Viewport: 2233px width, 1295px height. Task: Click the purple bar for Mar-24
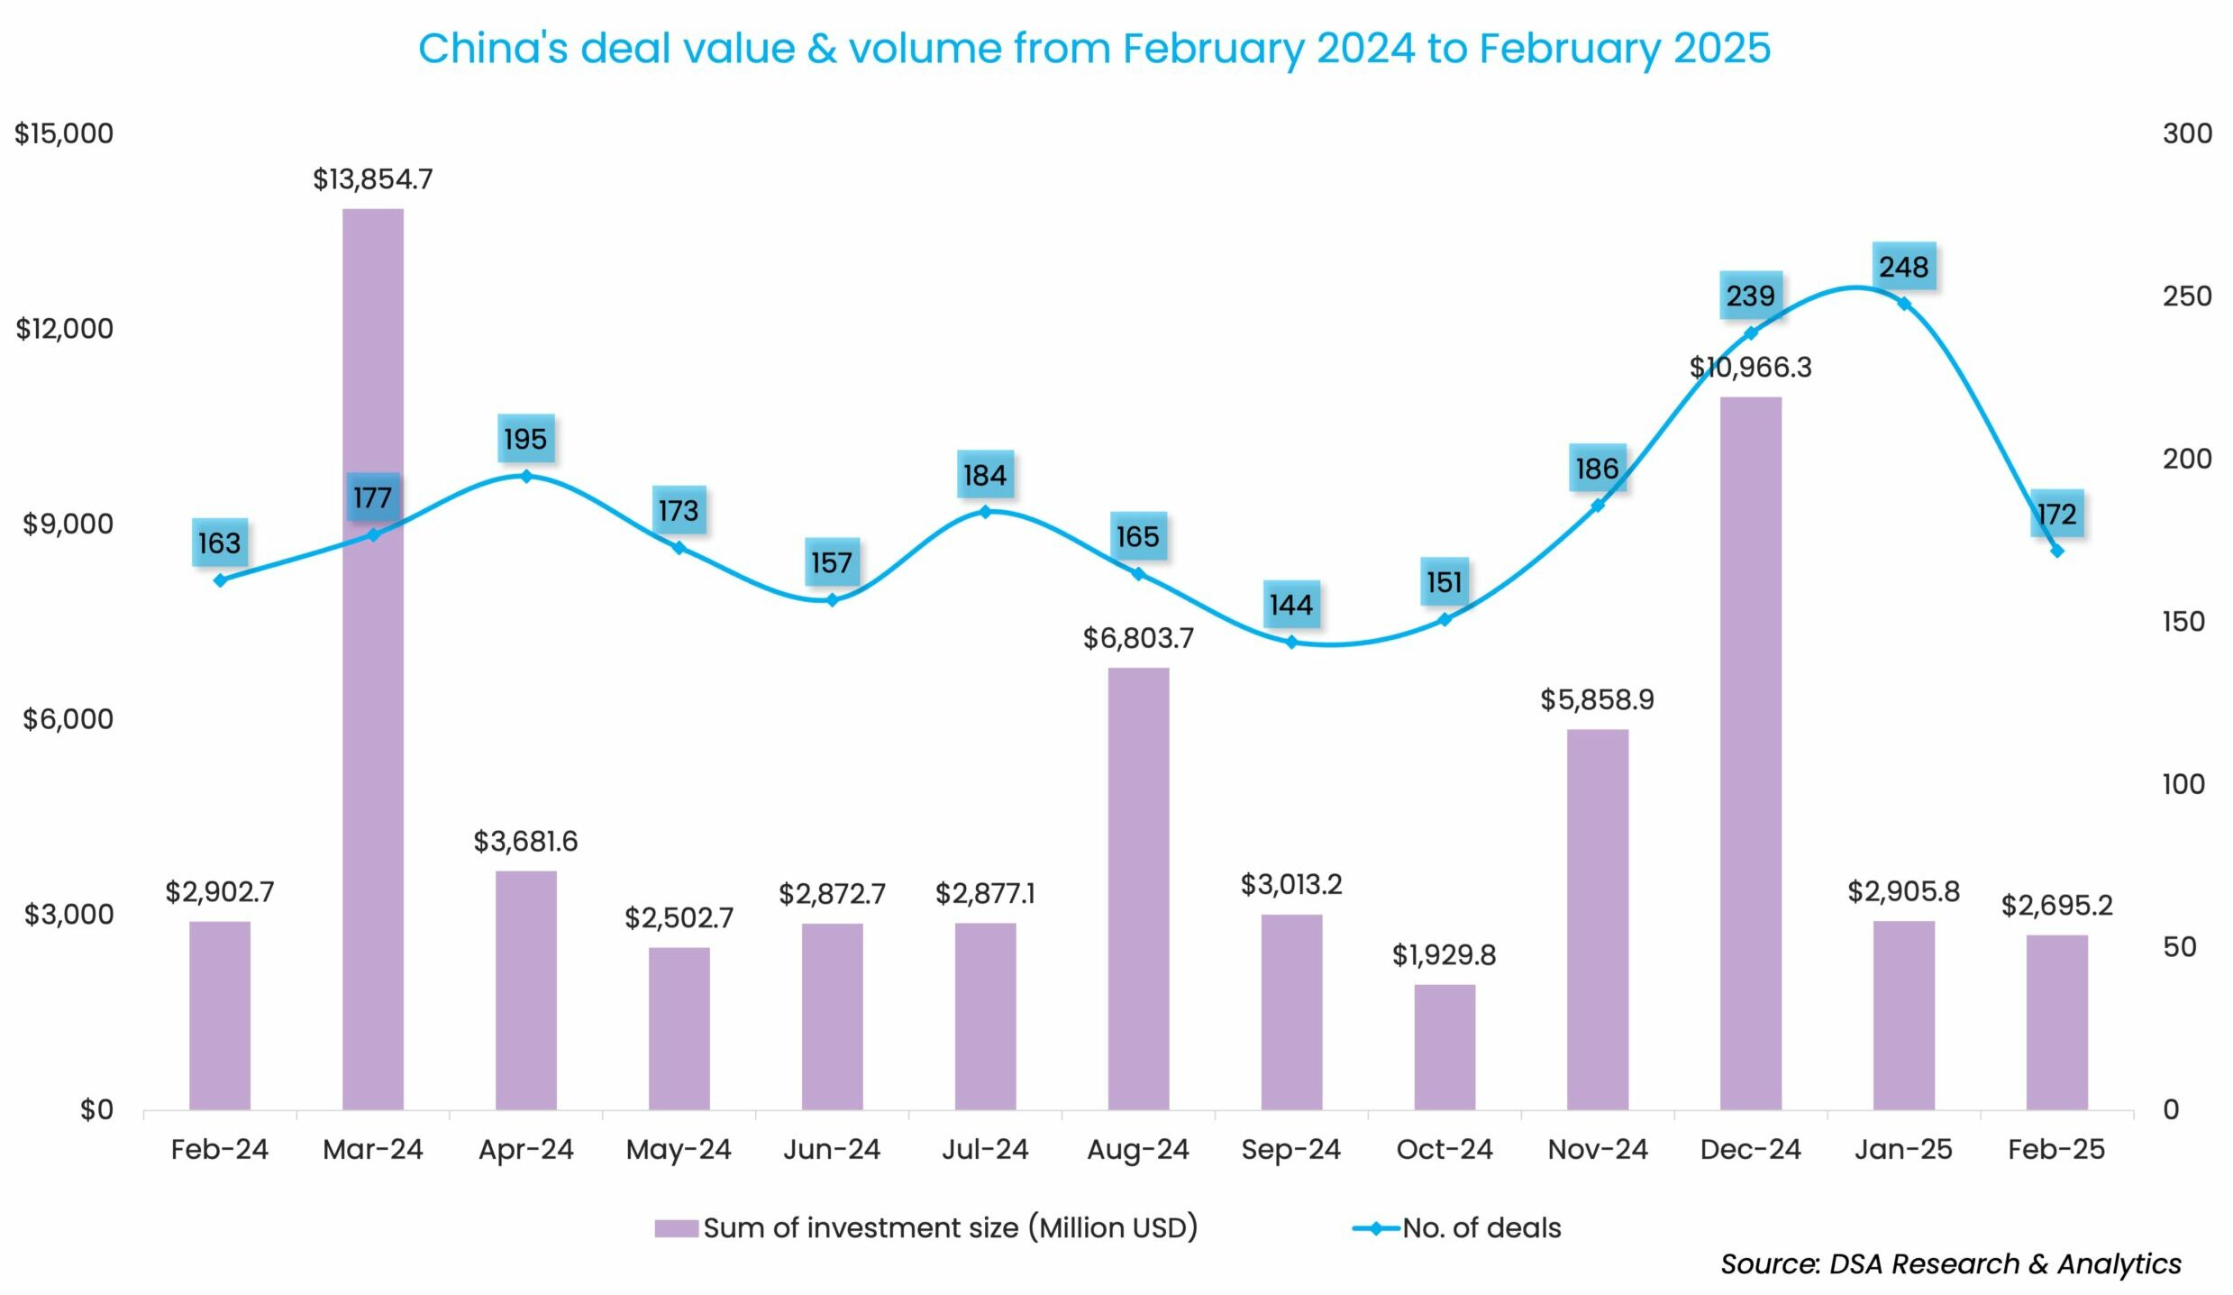click(373, 658)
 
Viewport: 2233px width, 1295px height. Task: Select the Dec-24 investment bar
click(1750, 752)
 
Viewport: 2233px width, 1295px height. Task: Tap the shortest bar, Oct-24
click(1445, 1046)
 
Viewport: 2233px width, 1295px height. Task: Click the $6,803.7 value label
click(1138, 639)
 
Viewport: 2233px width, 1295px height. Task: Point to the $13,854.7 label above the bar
click(373, 179)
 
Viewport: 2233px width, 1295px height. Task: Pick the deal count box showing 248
click(1903, 267)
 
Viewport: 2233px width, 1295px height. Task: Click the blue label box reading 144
click(1290, 605)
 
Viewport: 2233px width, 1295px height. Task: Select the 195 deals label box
click(525, 439)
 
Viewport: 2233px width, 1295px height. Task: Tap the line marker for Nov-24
click(1598, 506)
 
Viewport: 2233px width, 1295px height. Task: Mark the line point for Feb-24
click(221, 580)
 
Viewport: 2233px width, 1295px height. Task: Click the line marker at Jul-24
click(985, 512)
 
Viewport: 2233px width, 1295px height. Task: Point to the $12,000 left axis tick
click(65, 329)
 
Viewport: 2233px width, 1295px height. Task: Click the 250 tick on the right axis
click(2187, 296)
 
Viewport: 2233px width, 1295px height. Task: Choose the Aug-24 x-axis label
click(1138, 1150)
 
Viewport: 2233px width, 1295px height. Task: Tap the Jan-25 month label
click(1903, 1150)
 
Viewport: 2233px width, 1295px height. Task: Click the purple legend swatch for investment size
click(676, 1228)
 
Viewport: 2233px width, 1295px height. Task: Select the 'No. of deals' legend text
click(1481, 1228)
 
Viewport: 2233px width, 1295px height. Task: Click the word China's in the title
click(493, 49)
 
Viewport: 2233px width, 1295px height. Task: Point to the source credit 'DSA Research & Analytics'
click(2005, 1264)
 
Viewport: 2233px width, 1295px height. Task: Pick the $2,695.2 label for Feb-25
click(2056, 905)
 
